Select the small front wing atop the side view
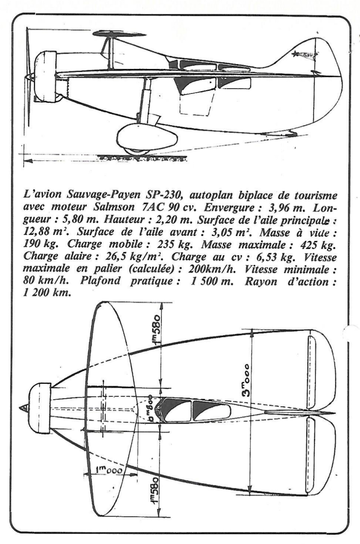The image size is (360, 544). (x=113, y=34)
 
